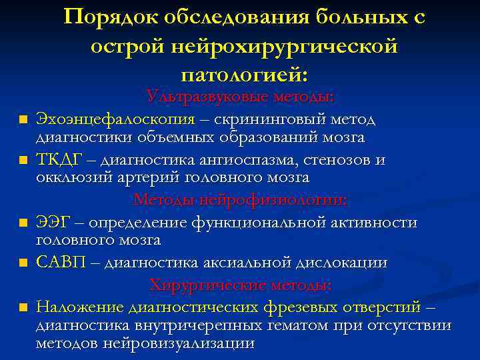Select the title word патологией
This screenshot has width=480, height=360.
click(x=244, y=73)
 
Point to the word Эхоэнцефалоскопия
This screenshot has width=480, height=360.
click(x=115, y=119)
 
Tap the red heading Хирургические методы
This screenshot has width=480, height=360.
click(x=240, y=285)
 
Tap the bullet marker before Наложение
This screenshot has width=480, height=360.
click(x=23, y=308)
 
